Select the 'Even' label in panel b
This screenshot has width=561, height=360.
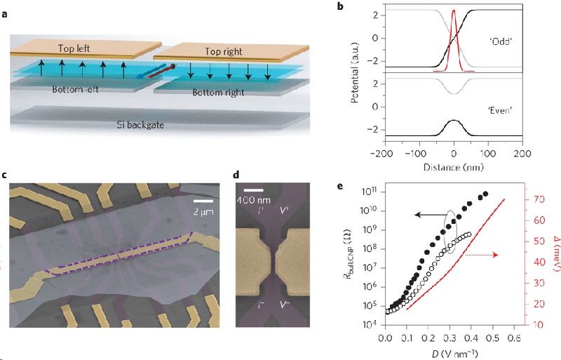[485, 108]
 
